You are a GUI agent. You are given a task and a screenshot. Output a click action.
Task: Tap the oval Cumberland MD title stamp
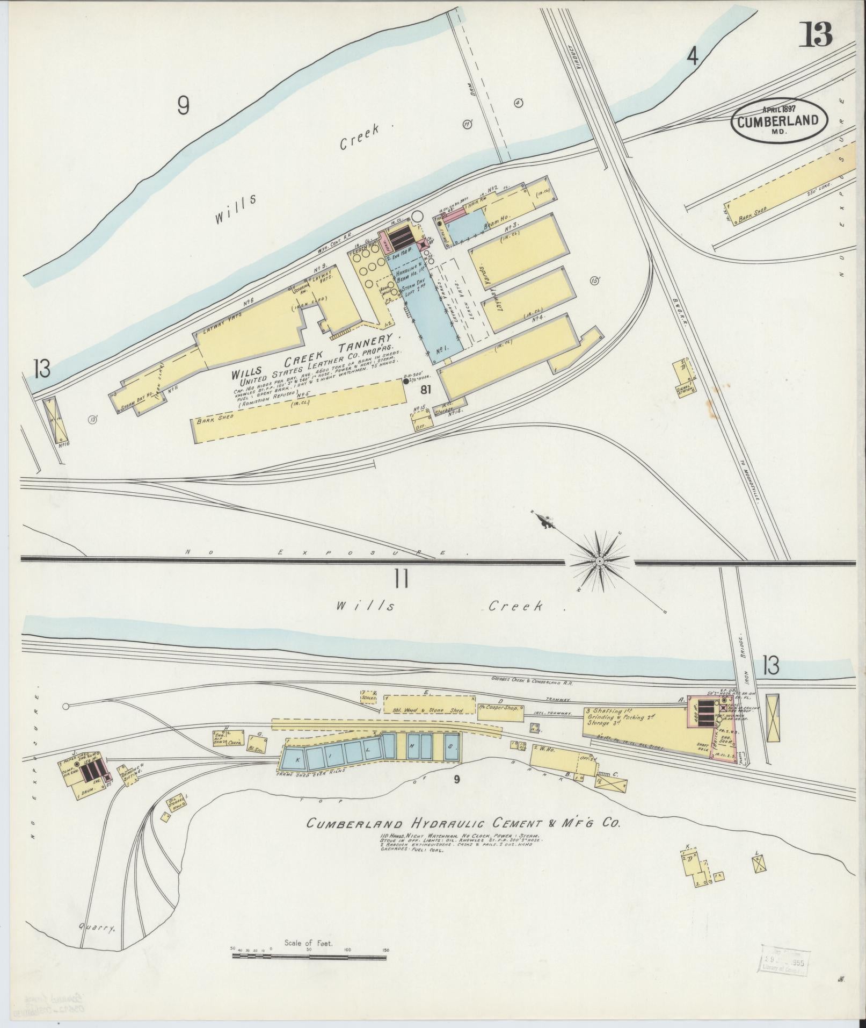(x=777, y=120)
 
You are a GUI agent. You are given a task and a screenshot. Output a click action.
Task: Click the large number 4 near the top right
(x=693, y=56)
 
